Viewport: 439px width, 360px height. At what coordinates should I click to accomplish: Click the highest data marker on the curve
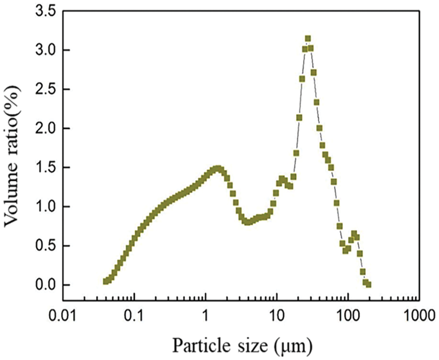[308, 38]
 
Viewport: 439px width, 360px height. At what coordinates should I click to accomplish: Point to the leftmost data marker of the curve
[106, 281]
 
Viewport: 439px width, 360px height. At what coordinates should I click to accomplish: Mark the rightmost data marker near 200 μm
[369, 284]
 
